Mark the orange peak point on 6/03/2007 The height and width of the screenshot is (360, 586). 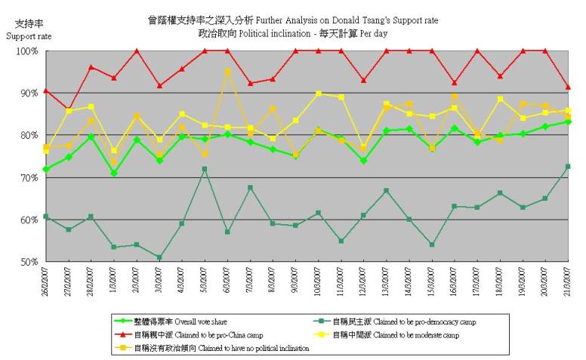pos(227,72)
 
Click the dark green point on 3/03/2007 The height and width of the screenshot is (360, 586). pos(159,257)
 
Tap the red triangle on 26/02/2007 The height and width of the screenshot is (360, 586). pos(46,91)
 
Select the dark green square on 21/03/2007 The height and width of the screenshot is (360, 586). pos(568,166)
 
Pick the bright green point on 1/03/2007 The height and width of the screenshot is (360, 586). pos(114,173)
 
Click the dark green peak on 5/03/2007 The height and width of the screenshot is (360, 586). pos(205,169)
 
